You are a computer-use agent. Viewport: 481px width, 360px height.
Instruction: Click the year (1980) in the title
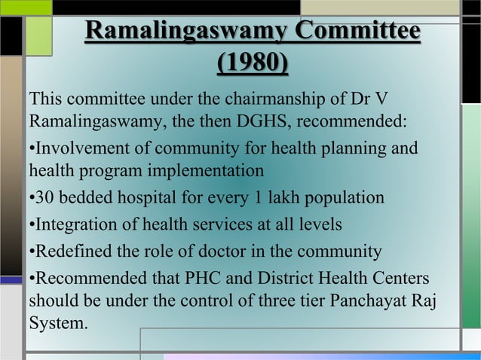tap(253, 63)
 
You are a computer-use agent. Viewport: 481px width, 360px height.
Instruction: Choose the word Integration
tap(68, 225)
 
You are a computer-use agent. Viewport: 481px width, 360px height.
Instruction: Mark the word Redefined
tap(66, 252)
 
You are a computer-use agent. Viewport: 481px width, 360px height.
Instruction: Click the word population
tap(344, 200)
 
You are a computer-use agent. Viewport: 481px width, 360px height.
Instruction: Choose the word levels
tap(321, 225)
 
